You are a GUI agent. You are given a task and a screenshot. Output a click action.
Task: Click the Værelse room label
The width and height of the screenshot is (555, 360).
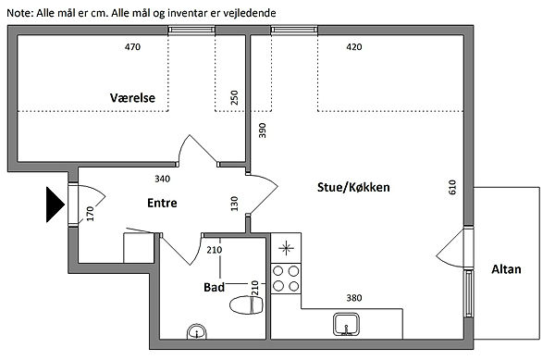click(132, 98)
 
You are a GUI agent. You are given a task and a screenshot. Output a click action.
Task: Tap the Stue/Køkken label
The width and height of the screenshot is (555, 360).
click(353, 187)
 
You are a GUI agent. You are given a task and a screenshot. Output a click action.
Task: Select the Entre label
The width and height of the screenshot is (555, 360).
click(162, 203)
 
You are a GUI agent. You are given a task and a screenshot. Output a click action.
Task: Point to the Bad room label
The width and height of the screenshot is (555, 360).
click(215, 287)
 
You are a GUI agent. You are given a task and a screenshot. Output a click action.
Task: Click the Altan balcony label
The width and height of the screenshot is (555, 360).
click(506, 269)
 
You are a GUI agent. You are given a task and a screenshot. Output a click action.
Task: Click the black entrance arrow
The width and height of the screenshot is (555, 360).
click(55, 205)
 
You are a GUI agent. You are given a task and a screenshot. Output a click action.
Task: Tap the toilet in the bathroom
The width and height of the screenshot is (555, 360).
click(246, 304)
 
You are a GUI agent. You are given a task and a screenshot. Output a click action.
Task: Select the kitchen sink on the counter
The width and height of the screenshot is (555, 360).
click(347, 324)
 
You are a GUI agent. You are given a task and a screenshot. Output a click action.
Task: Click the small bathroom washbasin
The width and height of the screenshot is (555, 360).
click(196, 331)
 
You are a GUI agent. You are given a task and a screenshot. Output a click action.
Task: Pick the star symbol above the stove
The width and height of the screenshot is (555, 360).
click(286, 248)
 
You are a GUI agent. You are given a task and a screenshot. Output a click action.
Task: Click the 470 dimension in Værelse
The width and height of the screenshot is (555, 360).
click(132, 46)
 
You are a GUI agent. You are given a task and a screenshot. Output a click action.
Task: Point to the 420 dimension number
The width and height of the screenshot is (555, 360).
click(354, 46)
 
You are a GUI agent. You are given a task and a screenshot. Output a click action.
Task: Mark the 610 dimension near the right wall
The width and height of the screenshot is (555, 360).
click(452, 187)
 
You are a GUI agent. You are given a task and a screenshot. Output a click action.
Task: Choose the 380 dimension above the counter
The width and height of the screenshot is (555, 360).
click(354, 298)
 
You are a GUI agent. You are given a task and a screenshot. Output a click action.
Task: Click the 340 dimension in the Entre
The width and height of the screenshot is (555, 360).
click(163, 179)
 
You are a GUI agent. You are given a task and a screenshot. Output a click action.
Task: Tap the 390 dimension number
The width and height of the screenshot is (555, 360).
click(262, 130)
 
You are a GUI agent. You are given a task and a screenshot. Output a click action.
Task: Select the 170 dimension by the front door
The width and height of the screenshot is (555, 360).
click(90, 214)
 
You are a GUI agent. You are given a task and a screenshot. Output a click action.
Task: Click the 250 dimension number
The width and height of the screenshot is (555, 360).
click(234, 98)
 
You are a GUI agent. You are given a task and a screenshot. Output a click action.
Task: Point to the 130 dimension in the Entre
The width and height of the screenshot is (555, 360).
click(234, 204)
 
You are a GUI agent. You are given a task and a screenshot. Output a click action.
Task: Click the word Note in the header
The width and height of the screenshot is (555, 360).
click(19, 13)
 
